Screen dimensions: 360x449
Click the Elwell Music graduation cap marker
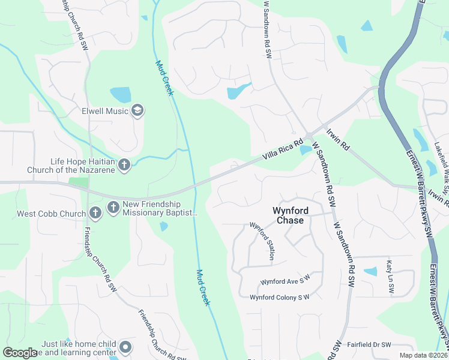(x=137, y=110)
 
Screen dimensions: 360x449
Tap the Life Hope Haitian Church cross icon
(x=124, y=165)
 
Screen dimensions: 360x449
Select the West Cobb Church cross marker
(x=95, y=212)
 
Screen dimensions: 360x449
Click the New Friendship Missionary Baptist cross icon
(x=113, y=208)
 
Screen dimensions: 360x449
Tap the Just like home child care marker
(x=125, y=347)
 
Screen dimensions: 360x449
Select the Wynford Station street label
(x=262, y=240)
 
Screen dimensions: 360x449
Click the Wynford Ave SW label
(x=285, y=280)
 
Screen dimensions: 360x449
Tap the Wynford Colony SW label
(x=279, y=297)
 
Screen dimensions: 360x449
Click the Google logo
(x=20, y=353)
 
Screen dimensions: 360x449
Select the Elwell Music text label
(x=105, y=111)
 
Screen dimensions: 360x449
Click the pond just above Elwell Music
(x=121, y=94)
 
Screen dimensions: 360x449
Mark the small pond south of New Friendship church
(x=163, y=226)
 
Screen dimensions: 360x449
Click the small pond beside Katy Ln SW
(x=371, y=271)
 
